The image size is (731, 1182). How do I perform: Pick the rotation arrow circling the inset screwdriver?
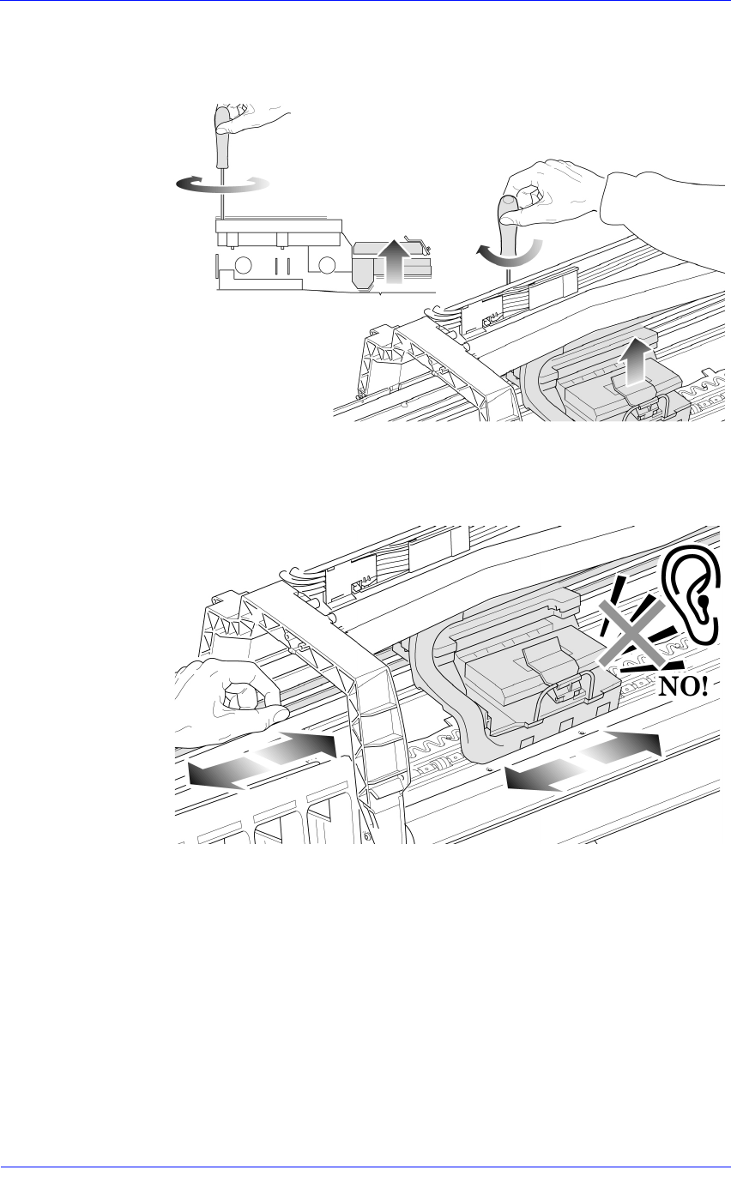coord(221,184)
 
